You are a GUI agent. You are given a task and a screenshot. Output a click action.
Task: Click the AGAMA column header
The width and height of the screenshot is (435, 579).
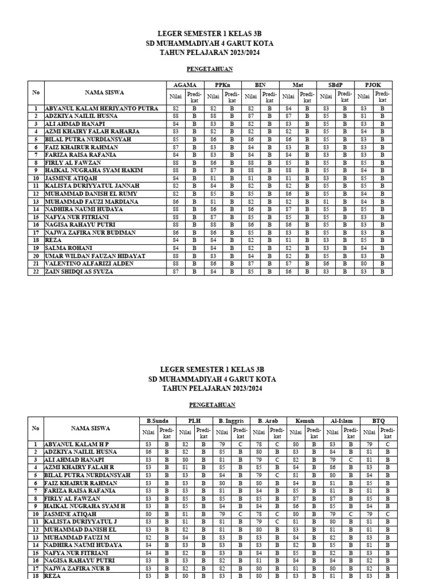pyautogui.click(x=185, y=85)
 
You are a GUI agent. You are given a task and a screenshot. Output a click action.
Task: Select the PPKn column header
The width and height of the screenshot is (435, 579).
pyautogui.click(x=223, y=85)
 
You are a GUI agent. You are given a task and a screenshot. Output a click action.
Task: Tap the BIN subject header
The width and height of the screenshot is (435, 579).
pyautogui.click(x=260, y=85)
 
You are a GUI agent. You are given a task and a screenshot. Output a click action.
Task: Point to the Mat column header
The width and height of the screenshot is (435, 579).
pyautogui.click(x=298, y=85)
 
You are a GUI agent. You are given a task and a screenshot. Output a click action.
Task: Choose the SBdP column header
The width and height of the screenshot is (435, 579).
pyautogui.click(x=335, y=85)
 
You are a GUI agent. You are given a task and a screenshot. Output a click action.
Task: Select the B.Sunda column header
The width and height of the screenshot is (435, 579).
pyautogui.click(x=158, y=421)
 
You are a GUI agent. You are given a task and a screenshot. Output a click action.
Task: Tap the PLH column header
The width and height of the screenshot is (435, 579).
pyautogui.click(x=194, y=421)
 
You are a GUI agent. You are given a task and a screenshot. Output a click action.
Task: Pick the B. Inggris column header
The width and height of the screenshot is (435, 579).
pyautogui.click(x=231, y=421)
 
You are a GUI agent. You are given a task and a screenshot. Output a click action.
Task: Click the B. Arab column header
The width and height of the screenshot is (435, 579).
pyautogui.click(x=267, y=421)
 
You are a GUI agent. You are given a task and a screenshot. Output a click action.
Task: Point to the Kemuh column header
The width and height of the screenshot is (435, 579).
pyautogui.click(x=305, y=421)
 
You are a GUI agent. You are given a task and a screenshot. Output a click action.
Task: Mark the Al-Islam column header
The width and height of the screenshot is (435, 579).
pyautogui.click(x=342, y=421)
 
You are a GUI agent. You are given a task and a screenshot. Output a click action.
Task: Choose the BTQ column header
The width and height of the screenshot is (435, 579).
pyautogui.click(x=378, y=421)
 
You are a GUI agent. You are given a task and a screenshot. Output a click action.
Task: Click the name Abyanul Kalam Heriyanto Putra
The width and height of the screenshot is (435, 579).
pyautogui.click(x=101, y=108)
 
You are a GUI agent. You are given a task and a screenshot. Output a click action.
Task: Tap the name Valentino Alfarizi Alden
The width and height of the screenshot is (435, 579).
pyautogui.click(x=89, y=263)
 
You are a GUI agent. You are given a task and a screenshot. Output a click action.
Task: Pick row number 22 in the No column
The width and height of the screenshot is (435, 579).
pyautogui.click(x=36, y=271)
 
